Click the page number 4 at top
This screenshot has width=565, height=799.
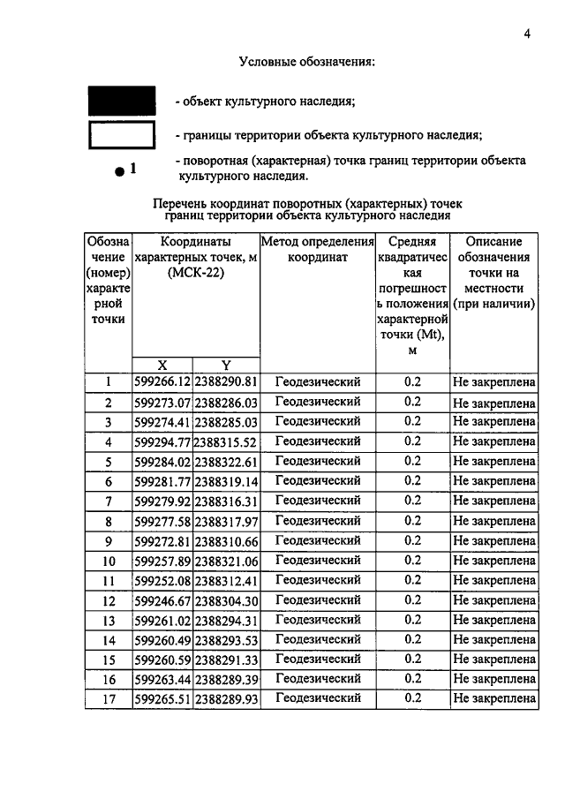[526, 34]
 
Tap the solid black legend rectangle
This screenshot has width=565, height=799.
[121, 100]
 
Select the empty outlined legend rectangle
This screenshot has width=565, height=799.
[121, 134]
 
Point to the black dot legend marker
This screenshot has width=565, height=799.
[118, 172]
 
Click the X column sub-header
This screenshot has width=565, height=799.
[162, 365]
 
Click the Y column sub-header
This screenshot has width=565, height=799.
[225, 365]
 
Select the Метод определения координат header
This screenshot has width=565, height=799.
[317, 249]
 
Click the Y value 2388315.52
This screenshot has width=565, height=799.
[225, 441]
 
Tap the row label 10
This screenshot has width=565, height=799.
[108, 561]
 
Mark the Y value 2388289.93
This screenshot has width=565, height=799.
[225, 698]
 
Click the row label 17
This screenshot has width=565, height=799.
[108, 698]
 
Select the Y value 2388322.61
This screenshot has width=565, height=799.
[225, 462]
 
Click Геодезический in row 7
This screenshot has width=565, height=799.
[318, 501]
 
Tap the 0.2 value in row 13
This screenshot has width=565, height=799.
[412, 620]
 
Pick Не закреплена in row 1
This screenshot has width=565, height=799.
[494, 383]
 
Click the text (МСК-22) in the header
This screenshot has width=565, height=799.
[195, 273]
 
